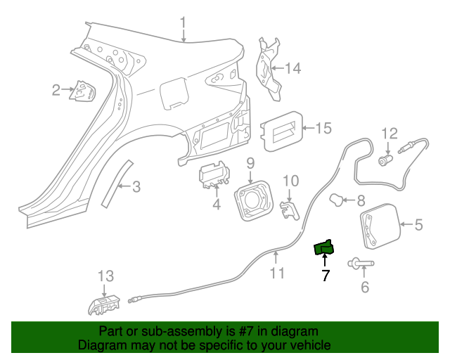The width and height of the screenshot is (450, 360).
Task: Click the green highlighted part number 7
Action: [324, 247]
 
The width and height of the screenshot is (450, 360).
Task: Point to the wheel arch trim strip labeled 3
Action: [113, 185]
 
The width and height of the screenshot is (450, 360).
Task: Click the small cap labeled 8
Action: [340, 200]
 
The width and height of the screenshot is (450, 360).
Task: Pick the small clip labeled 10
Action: [288, 209]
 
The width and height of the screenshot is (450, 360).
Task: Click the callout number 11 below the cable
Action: [278, 272]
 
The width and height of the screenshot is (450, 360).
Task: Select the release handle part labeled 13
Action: [103, 304]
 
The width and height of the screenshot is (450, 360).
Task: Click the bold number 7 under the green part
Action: [325, 276]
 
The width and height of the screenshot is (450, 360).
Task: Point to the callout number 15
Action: [322, 128]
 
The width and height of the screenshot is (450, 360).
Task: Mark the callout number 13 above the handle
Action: [104, 275]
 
